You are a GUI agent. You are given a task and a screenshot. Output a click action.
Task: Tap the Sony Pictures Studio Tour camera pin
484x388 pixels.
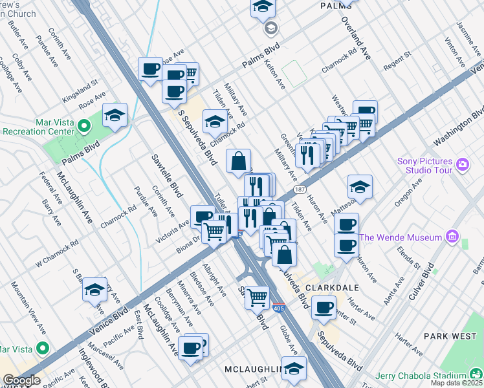[462, 165]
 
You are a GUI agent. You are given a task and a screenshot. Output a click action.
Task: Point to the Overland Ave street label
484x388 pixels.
[356, 39]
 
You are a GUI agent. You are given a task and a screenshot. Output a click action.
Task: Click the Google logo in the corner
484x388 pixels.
[21, 380]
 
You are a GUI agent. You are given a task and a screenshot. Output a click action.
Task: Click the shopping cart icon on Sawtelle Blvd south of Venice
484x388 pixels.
[258, 297]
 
